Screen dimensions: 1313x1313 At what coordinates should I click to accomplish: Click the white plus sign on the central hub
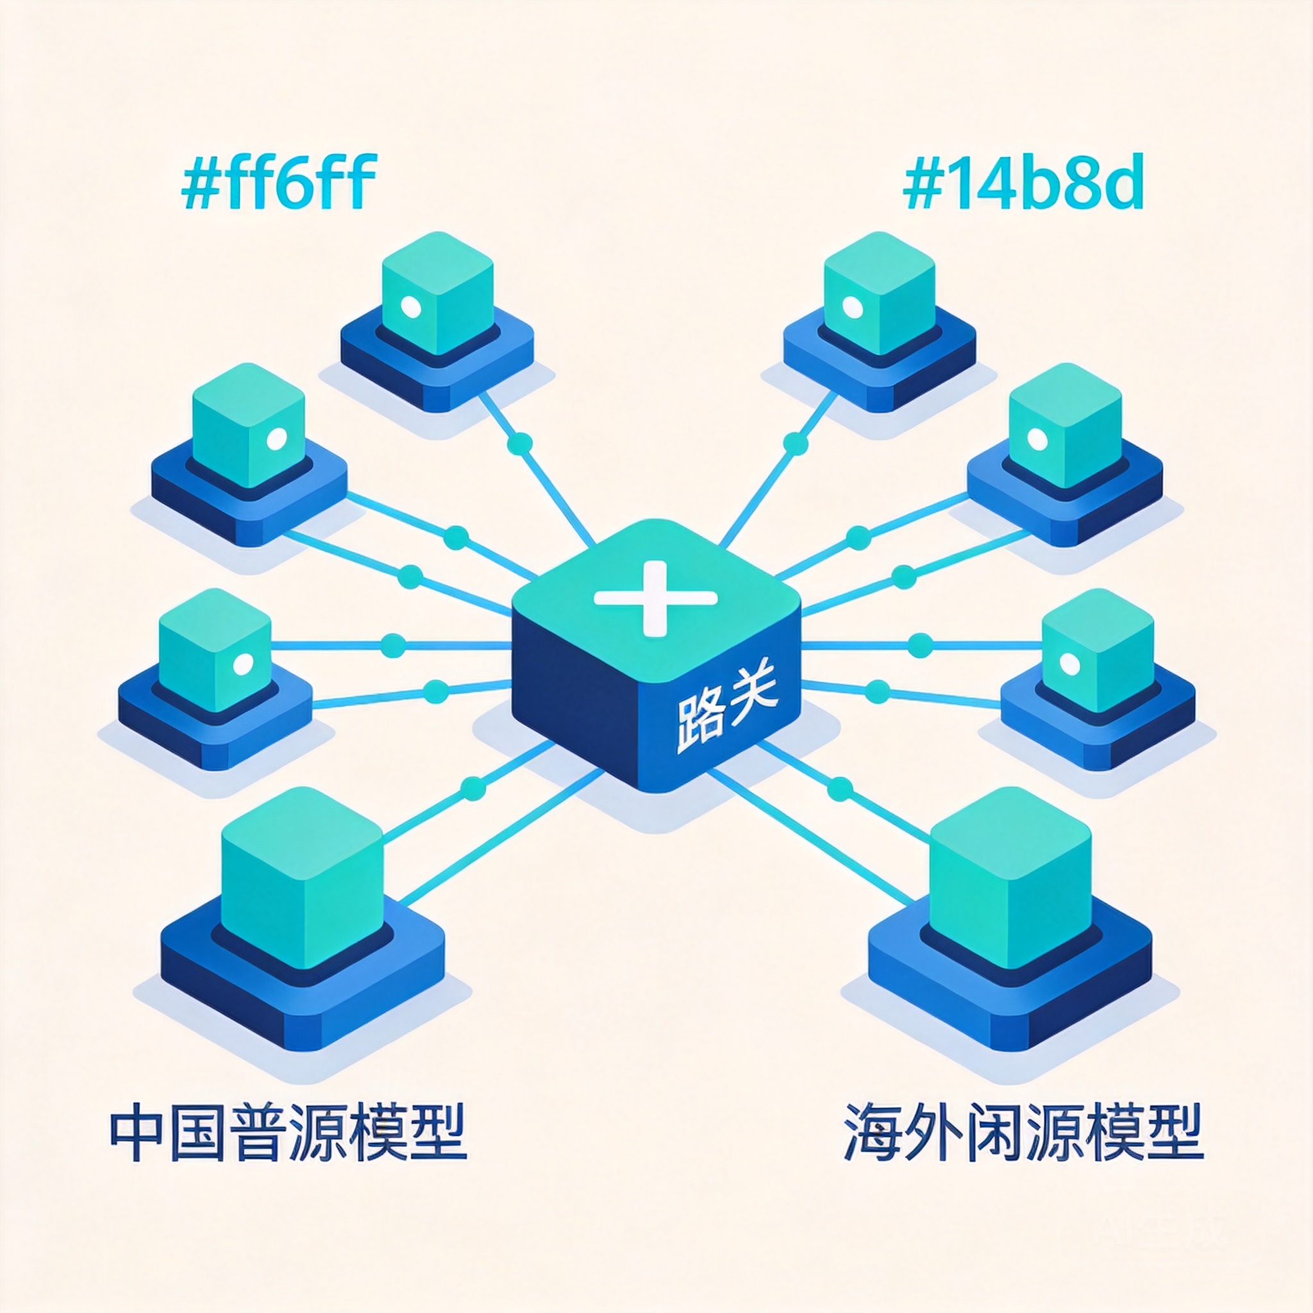pyautogui.click(x=655, y=598)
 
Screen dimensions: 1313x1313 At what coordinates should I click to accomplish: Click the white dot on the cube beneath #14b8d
pyautogui.click(x=852, y=308)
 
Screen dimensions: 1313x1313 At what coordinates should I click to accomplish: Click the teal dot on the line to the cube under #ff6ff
pyautogui.click(x=520, y=444)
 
